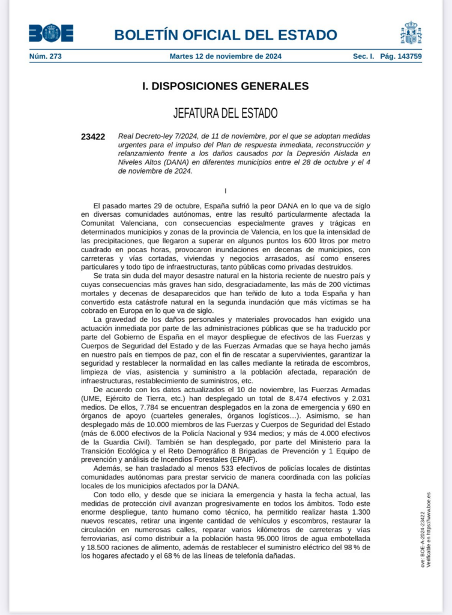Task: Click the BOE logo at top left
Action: point(51,33)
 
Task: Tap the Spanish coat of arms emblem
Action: point(411,33)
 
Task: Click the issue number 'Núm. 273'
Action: point(46,56)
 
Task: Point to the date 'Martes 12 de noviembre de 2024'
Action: point(226,56)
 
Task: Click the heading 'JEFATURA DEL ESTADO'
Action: point(226,113)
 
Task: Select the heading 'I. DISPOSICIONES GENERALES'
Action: point(226,86)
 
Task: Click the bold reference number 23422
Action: point(93,137)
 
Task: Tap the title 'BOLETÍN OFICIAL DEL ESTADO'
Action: point(226,34)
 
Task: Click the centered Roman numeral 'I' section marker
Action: point(226,191)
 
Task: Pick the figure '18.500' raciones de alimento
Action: point(102,548)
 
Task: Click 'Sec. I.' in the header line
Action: point(364,56)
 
